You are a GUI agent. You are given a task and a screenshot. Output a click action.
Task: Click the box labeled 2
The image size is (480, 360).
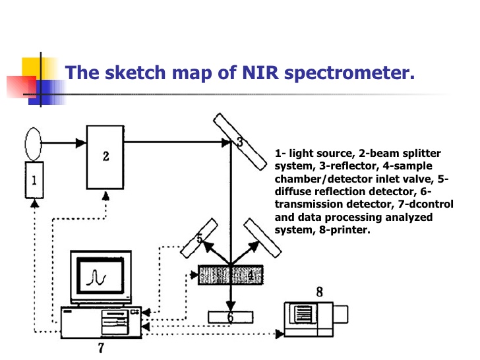[x=105, y=157]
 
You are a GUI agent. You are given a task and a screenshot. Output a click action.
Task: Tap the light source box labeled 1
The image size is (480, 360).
[x=34, y=179]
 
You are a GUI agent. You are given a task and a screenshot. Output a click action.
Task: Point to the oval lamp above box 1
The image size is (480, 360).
[x=34, y=142]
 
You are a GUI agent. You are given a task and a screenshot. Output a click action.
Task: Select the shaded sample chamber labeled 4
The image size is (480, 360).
[x=230, y=274]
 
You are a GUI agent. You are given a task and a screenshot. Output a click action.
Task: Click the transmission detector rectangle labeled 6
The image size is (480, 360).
[x=230, y=317]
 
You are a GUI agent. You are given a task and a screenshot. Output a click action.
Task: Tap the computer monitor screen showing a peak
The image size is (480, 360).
[x=99, y=275]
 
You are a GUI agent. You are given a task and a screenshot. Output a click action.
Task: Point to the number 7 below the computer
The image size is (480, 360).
[x=100, y=348]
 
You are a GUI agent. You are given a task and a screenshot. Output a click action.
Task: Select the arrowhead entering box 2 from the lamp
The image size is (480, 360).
[x=82, y=142]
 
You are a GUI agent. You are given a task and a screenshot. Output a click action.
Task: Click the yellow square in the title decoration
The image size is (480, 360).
[x=33, y=69]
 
